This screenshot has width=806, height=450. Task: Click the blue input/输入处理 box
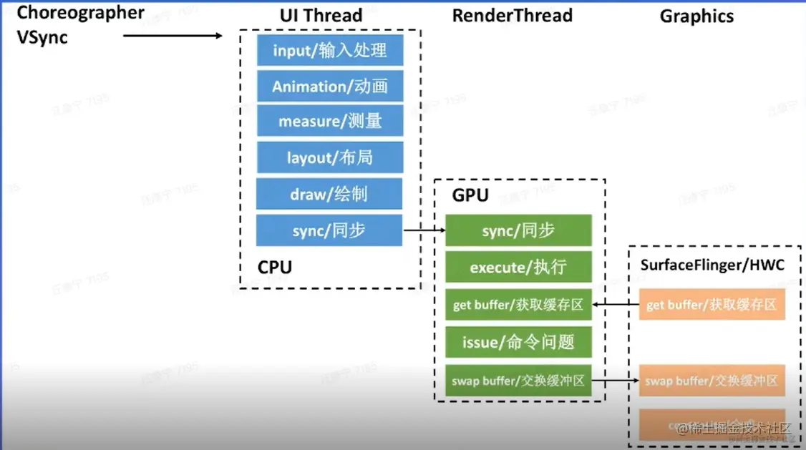[x=330, y=50]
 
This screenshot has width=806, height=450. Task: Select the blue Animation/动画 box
[x=330, y=87]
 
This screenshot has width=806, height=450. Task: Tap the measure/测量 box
[x=330, y=122]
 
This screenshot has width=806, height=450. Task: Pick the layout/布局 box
[x=330, y=157]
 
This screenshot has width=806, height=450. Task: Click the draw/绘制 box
[x=330, y=194]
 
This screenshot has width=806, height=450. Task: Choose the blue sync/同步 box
[x=330, y=230]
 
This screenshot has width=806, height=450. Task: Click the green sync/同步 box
[x=518, y=230]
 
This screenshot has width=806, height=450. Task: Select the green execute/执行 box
[x=518, y=268]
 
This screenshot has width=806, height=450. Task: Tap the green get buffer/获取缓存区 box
[x=518, y=305]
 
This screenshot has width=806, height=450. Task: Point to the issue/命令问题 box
[x=518, y=343]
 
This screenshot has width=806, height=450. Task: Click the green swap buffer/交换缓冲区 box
[x=518, y=381]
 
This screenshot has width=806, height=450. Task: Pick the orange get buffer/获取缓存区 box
[x=712, y=305]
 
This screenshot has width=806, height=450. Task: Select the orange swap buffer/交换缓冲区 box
[x=712, y=381]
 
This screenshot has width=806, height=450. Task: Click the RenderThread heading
[x=512, y=15]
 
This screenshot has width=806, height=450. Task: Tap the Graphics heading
[x=696, y=15]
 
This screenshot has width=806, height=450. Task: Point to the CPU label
[x=275, y=268]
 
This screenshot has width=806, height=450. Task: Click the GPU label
[x=470, y=195]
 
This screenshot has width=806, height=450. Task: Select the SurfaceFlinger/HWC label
[x=712, y=265]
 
